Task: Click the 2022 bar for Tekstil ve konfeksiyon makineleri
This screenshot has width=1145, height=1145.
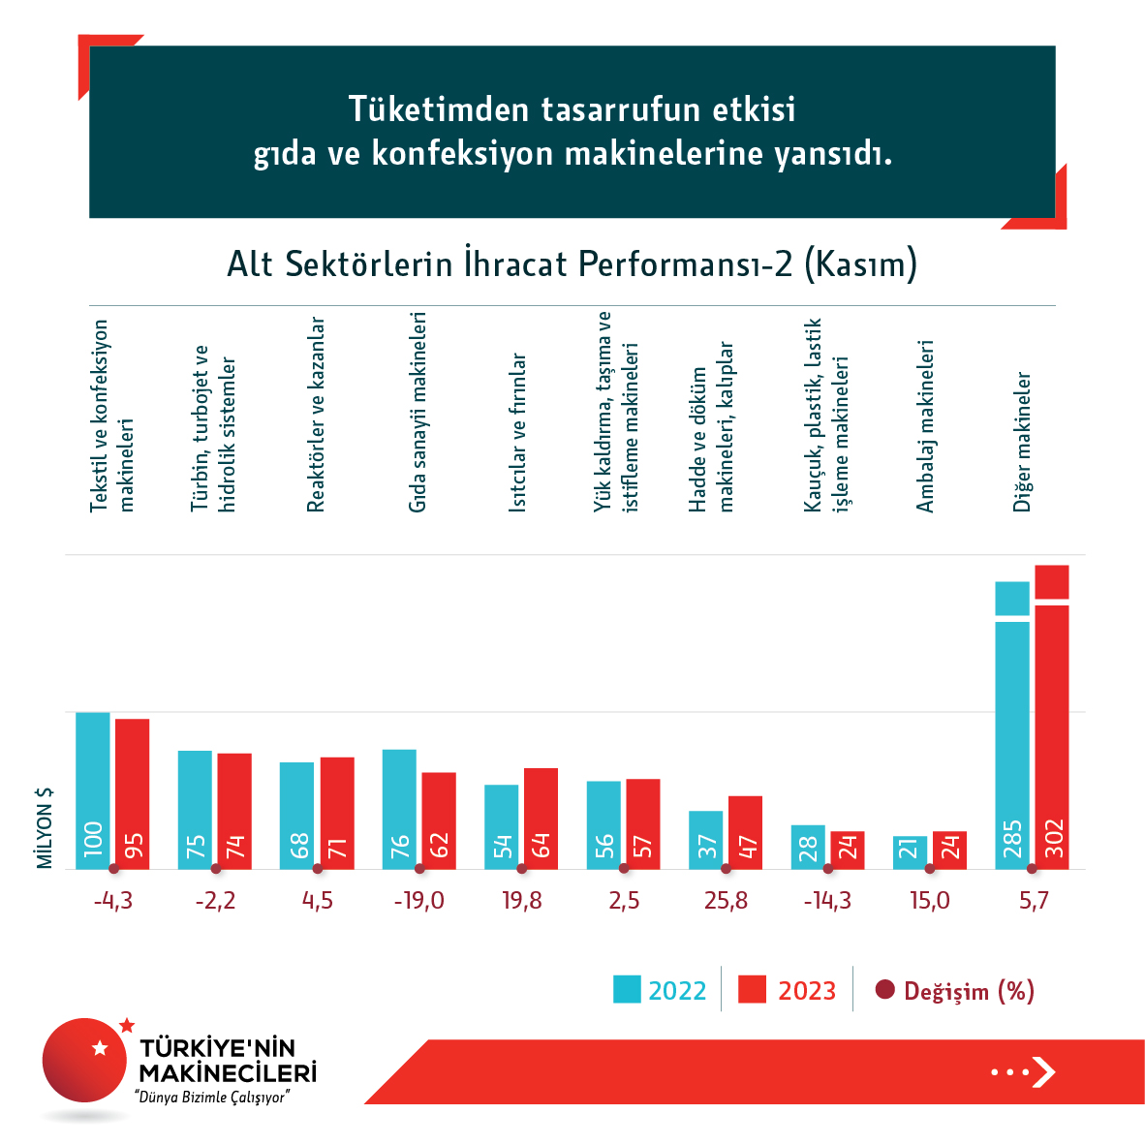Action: pyautogui.click(x=93, y=789)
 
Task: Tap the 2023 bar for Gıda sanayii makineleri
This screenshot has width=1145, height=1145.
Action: pyautogui.click(x=439, y=820)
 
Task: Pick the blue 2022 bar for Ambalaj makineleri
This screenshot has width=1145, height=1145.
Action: pyautogui.click(x=910, y=852)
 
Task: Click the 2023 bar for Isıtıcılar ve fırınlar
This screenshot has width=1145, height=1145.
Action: pyautogui.click(x=541, y=818)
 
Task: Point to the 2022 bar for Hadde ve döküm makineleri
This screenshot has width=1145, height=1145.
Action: pyautogui.click(x=705, y=839)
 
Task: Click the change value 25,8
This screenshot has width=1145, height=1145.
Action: pyautogui.click(x=727, y=901)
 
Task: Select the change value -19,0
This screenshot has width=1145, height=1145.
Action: pyautogui.click(x=419, y=901)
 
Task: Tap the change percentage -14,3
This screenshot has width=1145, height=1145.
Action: pyautogui.click(x=827, y=901)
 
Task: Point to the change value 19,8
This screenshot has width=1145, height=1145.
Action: pyautogui.click(x=522, y=901)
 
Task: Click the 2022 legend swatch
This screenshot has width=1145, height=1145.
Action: pyautogui.click(x=627, y=990)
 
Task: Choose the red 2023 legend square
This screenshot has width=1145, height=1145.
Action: pyautogui.click(x=752, y=990)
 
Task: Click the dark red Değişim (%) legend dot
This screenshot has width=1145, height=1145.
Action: pyautogui.click(x=884, y=990)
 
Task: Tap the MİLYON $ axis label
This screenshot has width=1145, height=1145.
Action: pyautogui.click(x=45, y=827)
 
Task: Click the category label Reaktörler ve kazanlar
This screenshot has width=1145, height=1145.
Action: pyautogui.click(x=316, y=415)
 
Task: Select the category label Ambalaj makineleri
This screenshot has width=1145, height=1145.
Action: pyautogui.click(x=926, y=426)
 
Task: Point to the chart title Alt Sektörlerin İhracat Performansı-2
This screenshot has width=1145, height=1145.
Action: pyautogui.click(x=572, y=264)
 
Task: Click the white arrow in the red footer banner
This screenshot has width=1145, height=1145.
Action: pyautogui.click(x=1043, y=1071)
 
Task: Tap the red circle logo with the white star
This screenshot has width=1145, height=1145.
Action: pyautogui.click(x=85, y=1059)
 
